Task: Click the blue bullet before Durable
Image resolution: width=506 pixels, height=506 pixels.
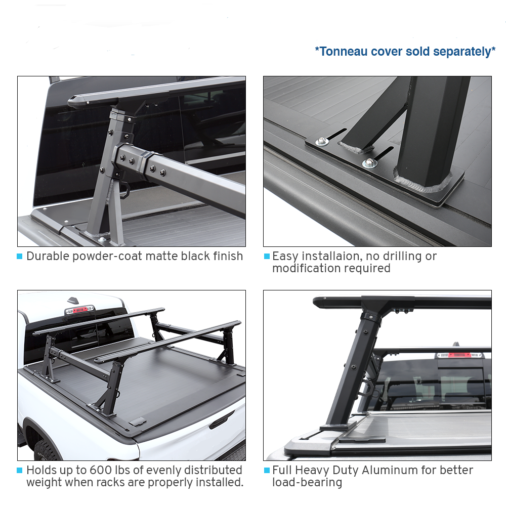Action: coord(20,257)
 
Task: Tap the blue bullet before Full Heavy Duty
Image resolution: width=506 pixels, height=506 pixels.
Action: coord(267,471)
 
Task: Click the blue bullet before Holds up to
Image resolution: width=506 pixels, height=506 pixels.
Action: coord(20,471)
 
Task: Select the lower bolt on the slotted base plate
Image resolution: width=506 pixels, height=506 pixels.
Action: coord(368,163)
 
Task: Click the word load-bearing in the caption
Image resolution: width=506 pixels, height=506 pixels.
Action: coord(307,482)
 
